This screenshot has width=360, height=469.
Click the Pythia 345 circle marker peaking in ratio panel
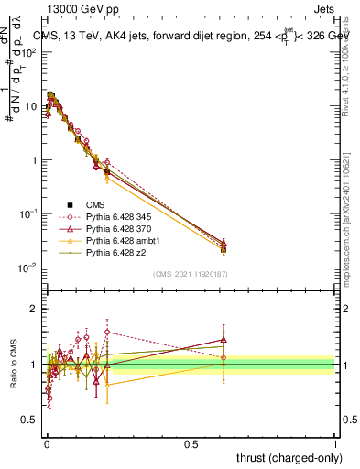[x=107, y=332]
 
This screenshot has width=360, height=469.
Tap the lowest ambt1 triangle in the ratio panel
[x=107, y=385]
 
